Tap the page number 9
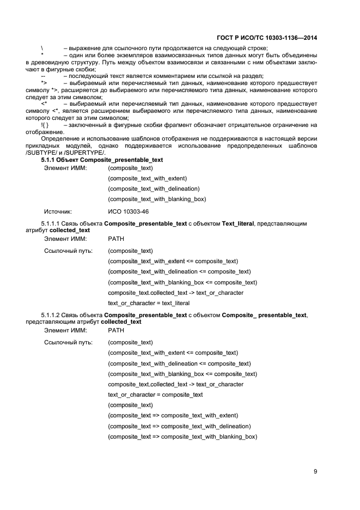[315, 471]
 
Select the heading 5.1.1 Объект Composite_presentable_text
[102, 160]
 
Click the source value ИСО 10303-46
[129, 211]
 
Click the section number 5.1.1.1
[52, 224]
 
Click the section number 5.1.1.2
[52, 315]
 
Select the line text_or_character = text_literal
[149, 303]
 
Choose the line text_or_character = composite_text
[155, 394]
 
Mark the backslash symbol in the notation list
[42, 48]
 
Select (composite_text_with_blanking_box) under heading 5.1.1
[157, 199]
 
